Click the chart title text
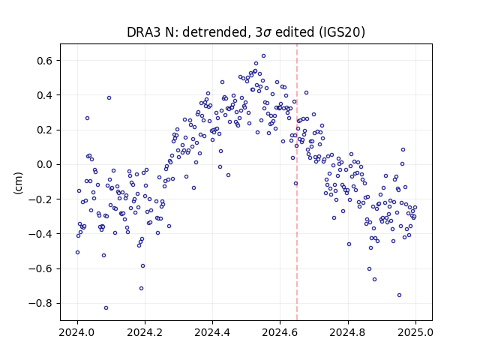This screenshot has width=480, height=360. tap(246, 32)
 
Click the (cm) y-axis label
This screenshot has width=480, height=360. tap(18, 183)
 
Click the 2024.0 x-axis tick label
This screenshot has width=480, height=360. tap(77, 332)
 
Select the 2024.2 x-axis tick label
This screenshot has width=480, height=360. tap(145, 332)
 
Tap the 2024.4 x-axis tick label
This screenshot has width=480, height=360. tap(212, 332)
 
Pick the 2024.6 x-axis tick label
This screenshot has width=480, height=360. tap(280, 332)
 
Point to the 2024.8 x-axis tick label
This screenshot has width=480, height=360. tap(348, 332)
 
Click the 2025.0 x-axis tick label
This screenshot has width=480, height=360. tap(415, 332)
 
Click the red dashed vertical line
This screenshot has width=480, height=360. tap(297, 182)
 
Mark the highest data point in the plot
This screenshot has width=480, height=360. tap(263, 56)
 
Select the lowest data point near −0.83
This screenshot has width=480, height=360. tap(106, 308)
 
